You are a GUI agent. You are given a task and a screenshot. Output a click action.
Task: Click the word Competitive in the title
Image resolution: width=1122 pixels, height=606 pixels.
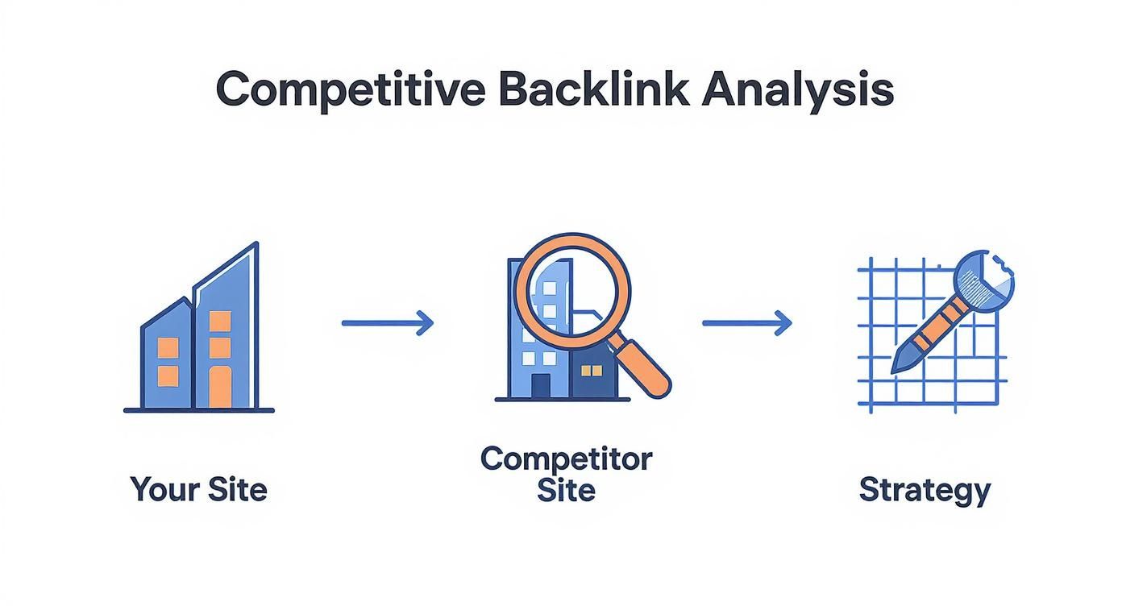coord(350,89)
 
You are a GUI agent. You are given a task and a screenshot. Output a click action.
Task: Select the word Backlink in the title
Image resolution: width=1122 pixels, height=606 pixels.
coord(593,89)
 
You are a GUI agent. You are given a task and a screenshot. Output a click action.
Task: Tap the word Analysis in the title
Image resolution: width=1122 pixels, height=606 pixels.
coord(797,89)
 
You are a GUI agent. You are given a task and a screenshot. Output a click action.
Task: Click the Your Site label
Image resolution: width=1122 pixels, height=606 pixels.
coord(198,489)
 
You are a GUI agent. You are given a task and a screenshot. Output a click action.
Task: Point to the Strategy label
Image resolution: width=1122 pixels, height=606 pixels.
coord(925,489)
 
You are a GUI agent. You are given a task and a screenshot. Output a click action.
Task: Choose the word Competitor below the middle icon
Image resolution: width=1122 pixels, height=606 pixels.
coord(566,459)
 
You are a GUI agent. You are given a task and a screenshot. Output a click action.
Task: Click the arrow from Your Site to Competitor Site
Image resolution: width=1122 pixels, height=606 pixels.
coord(388,323)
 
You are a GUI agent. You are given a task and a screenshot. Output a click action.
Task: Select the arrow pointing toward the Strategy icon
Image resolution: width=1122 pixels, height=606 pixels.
coord(747,323)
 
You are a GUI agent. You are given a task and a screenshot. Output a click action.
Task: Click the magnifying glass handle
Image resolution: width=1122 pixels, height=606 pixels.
coord(642,367)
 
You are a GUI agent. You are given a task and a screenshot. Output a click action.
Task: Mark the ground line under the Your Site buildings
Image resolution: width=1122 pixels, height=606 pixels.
coord(198,410)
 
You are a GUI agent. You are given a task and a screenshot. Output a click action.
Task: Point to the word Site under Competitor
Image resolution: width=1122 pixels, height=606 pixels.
coord(566,490)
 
